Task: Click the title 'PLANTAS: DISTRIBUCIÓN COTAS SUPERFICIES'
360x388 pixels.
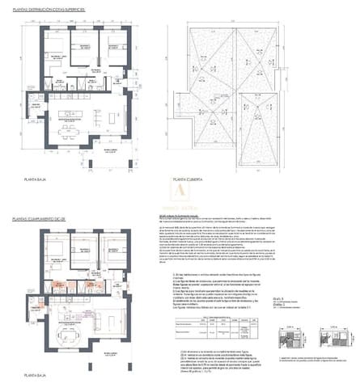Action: [64, 8]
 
